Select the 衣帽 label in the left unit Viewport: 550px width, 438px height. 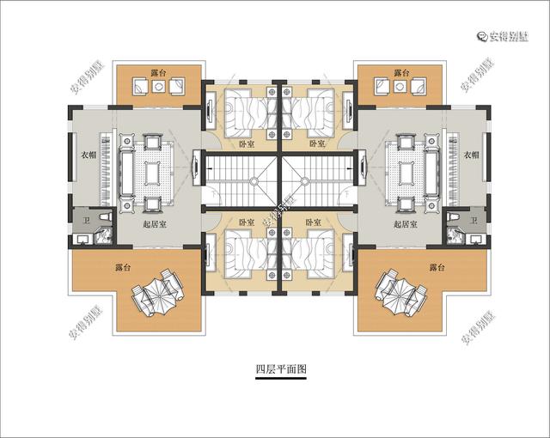click(x=77, y=155)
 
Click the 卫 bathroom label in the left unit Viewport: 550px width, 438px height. click(x=85, y=222)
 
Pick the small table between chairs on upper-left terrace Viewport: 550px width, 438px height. click(x=159, y=87)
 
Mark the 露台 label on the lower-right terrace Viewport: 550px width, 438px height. click(x=437, y=268)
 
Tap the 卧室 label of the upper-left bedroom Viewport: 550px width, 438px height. click(x=246, y=143)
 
